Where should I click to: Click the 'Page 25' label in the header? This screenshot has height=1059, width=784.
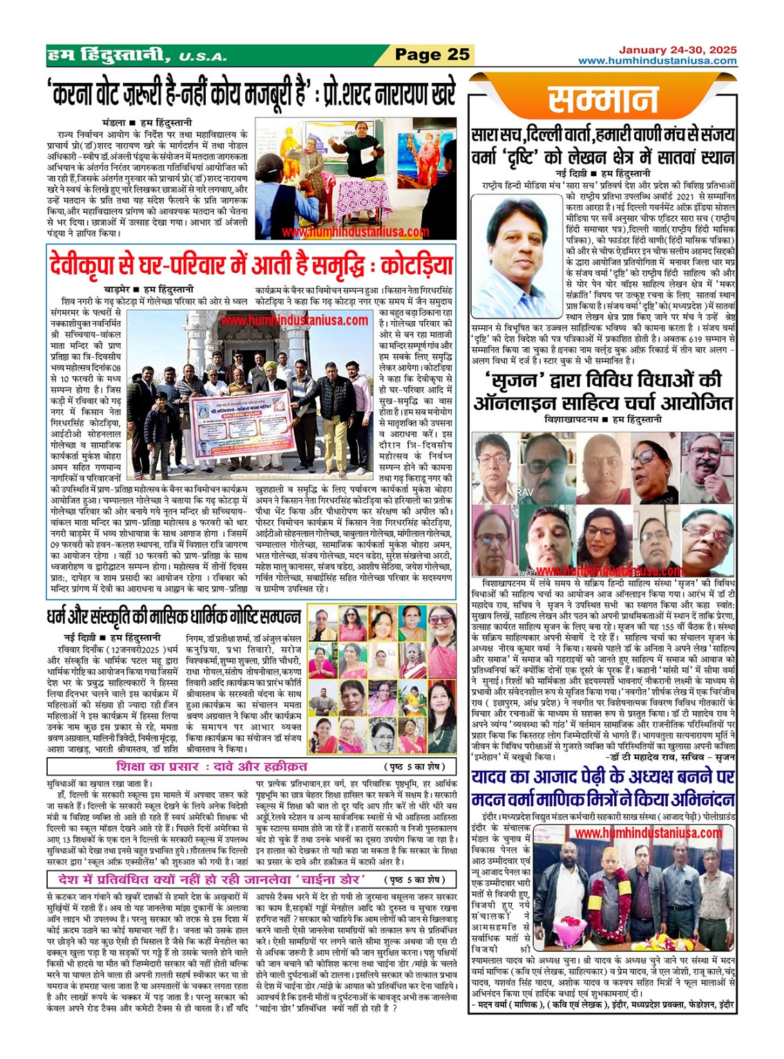(432, 55)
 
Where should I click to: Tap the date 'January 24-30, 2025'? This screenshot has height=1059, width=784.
(677, 50)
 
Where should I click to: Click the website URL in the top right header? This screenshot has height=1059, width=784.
(657, 61)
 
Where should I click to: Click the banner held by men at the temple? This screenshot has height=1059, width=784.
(238, 426)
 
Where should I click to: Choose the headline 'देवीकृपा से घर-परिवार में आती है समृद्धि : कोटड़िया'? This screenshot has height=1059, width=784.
(251, 265)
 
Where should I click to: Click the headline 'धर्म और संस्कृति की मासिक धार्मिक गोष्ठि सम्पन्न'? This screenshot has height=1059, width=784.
(173, 616)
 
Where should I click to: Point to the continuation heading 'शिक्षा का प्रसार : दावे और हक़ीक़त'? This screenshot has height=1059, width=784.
(212, 767)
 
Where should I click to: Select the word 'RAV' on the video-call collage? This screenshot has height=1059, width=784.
(526, 491)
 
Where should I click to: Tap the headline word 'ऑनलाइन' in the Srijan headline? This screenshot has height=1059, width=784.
(524, 403)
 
